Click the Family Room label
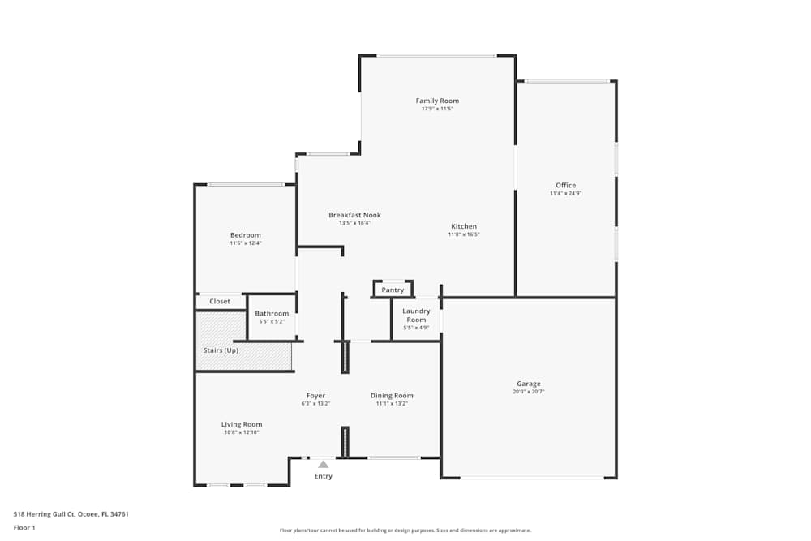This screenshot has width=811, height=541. (437, 101)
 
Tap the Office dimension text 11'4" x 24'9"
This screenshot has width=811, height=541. (565, 194)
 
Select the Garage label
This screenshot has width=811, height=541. (529, 384)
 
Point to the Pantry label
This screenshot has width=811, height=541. (393, 290)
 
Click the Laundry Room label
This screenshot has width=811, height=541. (416, 315)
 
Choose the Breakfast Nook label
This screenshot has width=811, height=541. (354, 215)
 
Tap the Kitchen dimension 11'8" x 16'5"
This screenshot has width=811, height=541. (464, 235)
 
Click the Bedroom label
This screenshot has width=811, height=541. (245, 235)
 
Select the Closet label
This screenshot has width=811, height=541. (220, 302)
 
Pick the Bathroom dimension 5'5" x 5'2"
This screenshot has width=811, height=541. (272, 322)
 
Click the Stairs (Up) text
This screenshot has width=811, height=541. (221, 350)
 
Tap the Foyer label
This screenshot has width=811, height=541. (315, 396)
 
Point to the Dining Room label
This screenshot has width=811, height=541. (392, 396)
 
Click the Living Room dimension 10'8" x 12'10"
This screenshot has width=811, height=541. (242, 432)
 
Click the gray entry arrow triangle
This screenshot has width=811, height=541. (323, 464)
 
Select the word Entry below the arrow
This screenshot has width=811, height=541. (323, 476)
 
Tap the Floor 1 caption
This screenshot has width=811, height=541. (24, 527)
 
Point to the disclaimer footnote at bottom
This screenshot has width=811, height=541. (405, 530)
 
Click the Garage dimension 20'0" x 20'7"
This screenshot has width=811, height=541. (529, 392)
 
